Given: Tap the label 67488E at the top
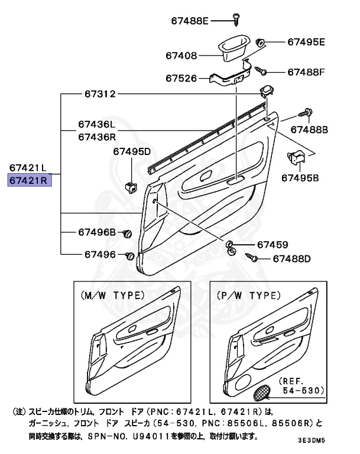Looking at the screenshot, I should pos(190,21).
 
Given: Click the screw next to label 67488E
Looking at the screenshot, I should pos(235,18).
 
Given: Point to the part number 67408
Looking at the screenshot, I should pos(183,56).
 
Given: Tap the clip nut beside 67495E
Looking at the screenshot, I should pos(260,41).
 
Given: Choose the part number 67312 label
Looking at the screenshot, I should pos(99,94).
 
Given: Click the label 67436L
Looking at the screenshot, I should pos(96,125).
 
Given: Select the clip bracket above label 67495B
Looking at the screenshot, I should pos(295,158).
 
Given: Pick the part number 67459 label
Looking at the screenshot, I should pos(272,244).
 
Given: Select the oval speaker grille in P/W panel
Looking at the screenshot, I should pos(262,391).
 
